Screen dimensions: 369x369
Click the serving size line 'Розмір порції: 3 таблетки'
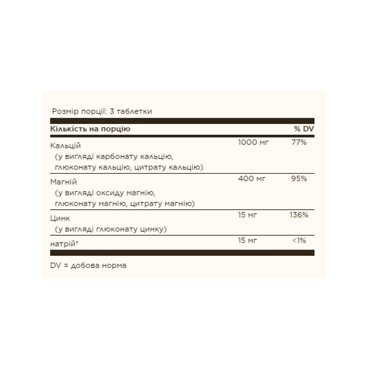(x=102, y=111)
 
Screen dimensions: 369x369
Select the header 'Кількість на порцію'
(x=90, y=129)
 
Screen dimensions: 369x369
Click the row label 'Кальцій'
(x=65, y=145)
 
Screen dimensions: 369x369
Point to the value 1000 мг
(x=254, y=142)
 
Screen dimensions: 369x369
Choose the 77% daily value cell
(x=299, y=142)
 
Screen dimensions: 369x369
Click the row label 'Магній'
(x=64, y=182)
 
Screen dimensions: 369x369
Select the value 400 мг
(x=252, y=179)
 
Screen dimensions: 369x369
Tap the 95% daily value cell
(x=299, y=179)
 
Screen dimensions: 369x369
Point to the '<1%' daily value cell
(x=299, y=240)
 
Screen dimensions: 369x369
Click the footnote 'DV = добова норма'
(x=88, y=266)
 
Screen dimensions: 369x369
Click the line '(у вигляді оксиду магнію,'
(x=103, y=193)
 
